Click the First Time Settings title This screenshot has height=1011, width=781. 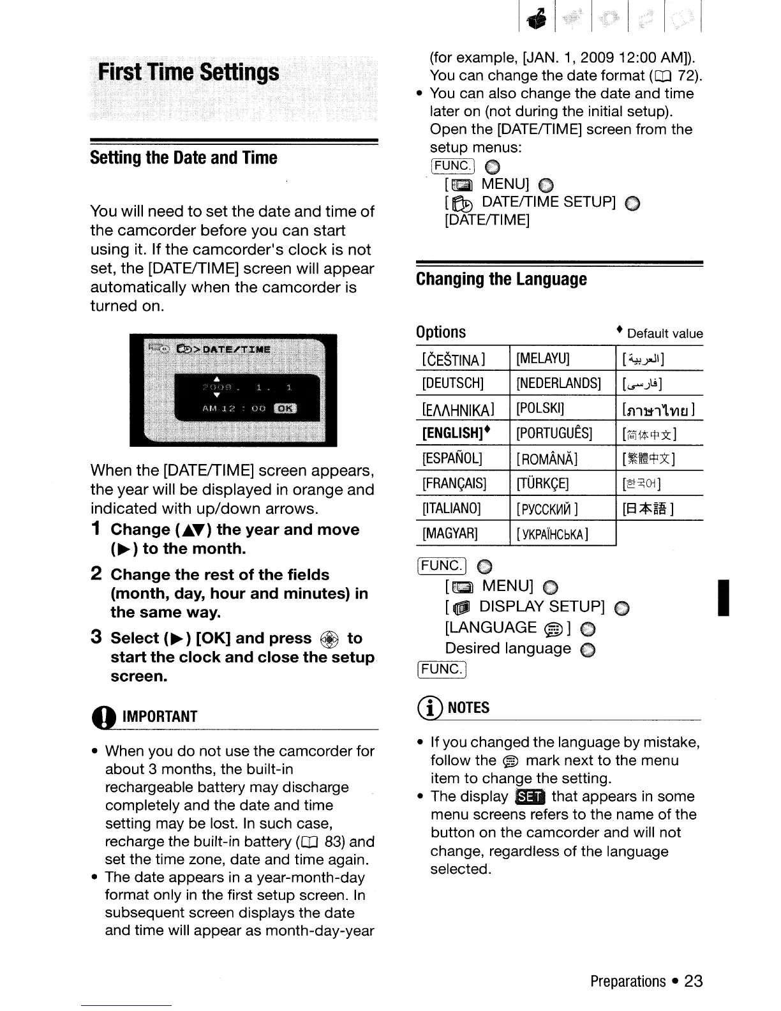pos(189,72)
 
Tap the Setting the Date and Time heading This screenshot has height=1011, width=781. pos(184,158)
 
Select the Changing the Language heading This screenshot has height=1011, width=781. pos(501,279)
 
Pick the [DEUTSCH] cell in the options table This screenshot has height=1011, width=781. pos(453,384)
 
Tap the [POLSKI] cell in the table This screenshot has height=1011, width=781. pos(540,408)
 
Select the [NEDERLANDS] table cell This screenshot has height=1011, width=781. pos(559,384)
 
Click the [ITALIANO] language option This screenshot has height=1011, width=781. pos(452,508)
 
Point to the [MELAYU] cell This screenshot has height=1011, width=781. pos(543,359)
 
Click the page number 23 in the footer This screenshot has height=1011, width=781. pos(693,981)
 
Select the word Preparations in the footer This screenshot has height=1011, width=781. pos(628,981)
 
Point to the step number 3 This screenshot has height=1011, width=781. pos(96,638)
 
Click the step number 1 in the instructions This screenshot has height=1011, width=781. pos(96,529)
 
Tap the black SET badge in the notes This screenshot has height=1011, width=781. pos(530,797)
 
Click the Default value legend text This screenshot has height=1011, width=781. pos(664,333)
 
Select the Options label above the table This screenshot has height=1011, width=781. pos(441,332)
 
